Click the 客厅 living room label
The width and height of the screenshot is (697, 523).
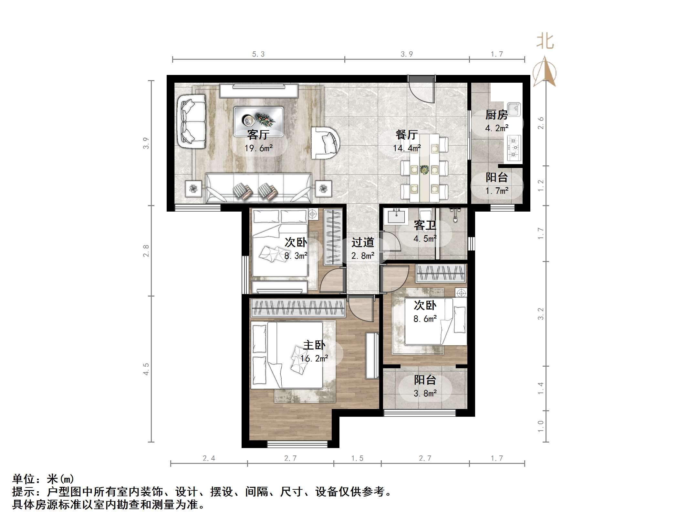click(x=258, y=134)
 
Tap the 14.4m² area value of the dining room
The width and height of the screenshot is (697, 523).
click(x=407, y=148)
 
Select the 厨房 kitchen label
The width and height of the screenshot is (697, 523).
click(x=496, y=115)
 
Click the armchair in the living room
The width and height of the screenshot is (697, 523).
click(x=326, y=143)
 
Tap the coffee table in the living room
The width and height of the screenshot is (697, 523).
click(x=258, y=121)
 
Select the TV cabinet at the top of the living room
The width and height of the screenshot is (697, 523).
click(x=258, y=90)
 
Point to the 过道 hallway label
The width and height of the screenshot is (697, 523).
click(x=363, y=242)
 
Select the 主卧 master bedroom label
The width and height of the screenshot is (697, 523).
click(x=314, y=345)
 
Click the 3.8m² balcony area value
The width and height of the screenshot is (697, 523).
click(x=425, y=393)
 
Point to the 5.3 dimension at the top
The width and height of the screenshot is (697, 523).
click(x=258, y=54)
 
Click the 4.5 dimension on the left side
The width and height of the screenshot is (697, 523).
click(x=146, y=369)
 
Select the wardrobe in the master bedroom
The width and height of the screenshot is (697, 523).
click(x=298, y=307)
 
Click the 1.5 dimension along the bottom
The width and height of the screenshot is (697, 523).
click(x=357, y=458)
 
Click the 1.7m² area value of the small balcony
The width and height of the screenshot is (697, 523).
click(x=497, y=191)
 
